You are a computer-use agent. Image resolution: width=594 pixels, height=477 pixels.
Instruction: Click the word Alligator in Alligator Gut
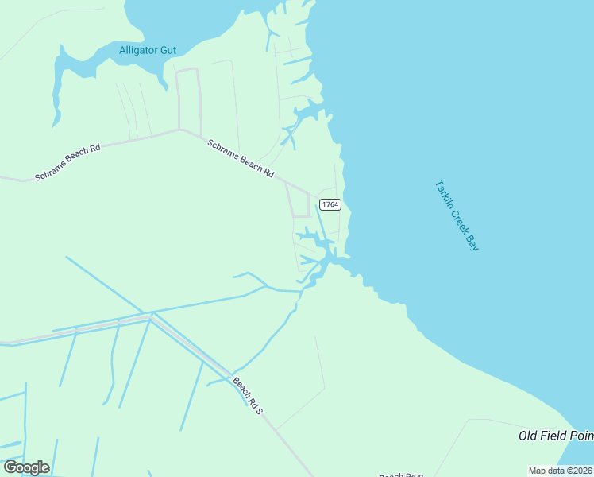click(x=139, y=50)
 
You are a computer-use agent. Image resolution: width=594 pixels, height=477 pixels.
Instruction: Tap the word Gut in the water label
click(x=168, y=50)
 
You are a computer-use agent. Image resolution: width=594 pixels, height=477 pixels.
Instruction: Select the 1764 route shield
click(x=330, y=205)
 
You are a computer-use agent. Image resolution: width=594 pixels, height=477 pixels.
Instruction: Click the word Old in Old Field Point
click(x=529, y=436)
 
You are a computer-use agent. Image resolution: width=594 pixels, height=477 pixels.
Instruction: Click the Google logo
click(x=26, y=467)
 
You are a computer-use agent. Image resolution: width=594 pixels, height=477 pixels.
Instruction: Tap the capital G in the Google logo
click(x=11, y=467)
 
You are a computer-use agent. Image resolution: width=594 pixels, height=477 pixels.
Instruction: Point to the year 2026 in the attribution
click(x=582, y=471)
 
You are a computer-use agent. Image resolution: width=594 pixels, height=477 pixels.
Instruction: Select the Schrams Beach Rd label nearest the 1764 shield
click(x=241, y=158)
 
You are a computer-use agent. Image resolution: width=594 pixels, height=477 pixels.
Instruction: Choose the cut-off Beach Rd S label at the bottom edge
click(x=401, y=475)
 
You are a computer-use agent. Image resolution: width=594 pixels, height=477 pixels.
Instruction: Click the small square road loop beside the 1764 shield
click(x=300, y=205)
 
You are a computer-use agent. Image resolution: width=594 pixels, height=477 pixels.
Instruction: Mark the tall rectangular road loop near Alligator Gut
click(x=188, y=99)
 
